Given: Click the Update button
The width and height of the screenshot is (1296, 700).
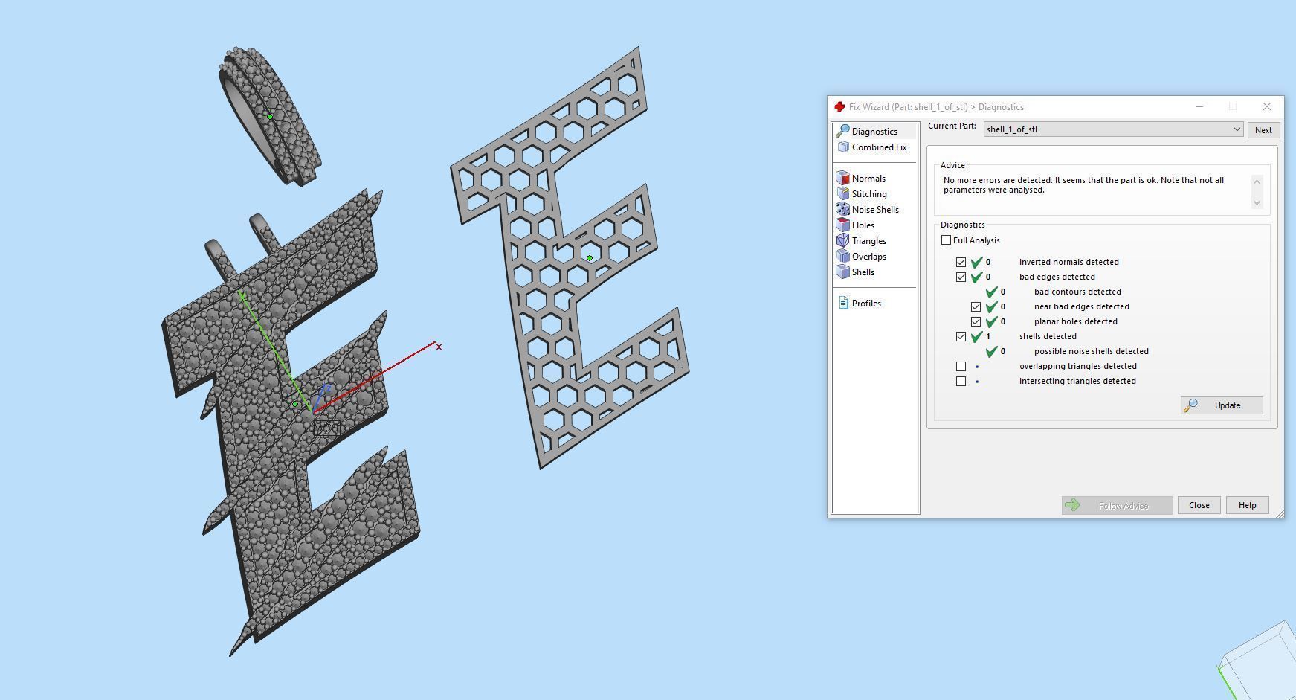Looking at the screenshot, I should tap(1221, 405).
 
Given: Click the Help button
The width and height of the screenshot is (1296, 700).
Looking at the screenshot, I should tap(1247, 505).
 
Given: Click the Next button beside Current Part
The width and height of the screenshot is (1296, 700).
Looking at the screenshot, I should tap(1263, 130).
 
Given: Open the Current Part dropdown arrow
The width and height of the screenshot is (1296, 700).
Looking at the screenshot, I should tap(1237, 129).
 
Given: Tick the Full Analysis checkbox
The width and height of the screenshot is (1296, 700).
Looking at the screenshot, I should tap(946, 240).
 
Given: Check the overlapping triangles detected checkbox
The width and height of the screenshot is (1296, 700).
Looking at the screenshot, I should tap(961, 366).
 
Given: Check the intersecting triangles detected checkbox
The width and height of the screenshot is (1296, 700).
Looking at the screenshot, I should tap(961, 381).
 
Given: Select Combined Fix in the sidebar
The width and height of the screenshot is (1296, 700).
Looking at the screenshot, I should tap(878, 147).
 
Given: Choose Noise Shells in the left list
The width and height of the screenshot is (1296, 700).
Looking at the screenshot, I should tap(874, 210).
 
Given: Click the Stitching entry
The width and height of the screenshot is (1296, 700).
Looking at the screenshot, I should tap(868, 194).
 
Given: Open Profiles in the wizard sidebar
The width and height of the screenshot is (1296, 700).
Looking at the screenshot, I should tap(865, 304).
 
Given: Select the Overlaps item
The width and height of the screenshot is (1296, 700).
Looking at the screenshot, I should tap(868, 257).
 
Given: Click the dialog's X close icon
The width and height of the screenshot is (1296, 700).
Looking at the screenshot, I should tap(1266, 107).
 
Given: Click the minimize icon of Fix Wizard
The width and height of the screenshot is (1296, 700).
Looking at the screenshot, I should tap(1199, 107).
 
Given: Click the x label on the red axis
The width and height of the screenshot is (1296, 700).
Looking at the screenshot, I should tap(439, 347).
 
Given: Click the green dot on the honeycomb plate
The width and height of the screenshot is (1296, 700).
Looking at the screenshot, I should tap(590, 258).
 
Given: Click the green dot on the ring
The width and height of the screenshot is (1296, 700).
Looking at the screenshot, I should tap(270, 116).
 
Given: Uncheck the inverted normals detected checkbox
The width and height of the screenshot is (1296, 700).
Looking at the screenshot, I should tap(961, 262).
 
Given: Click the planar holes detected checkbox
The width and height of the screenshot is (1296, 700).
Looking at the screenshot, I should tap(976, 321).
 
